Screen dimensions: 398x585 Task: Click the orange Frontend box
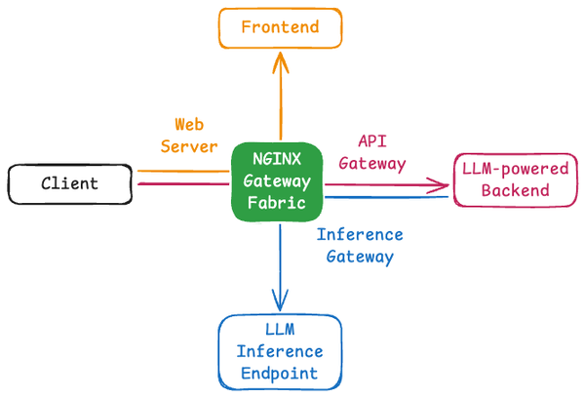coord(280,27)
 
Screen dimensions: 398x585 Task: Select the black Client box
coord(69,183)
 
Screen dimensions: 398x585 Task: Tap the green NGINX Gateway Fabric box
coord(280,181)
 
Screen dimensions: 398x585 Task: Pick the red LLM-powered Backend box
coord(515,179)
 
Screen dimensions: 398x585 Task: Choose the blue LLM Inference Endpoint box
coord(280,350)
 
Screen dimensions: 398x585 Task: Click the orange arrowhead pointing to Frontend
coord(281,60)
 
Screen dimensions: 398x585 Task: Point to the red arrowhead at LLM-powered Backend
coord(444,183)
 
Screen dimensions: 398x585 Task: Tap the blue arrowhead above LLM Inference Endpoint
coord(281,303)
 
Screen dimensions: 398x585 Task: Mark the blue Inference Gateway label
coord(359,246)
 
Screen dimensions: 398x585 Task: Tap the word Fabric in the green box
coord(279,203)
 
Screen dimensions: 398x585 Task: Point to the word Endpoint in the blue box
coord(280,373)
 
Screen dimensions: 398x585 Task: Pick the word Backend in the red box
coord(515,190)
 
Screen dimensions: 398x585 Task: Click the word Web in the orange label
coord(189,125)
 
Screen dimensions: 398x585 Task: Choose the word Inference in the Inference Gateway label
coord(359,235)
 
